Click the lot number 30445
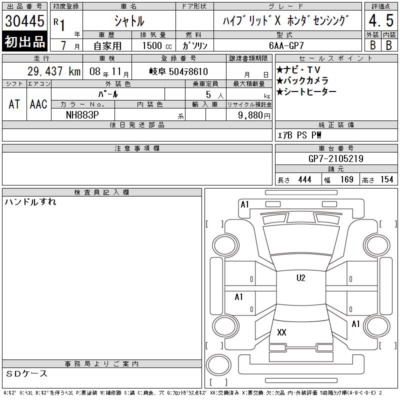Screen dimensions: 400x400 tap(24, 21)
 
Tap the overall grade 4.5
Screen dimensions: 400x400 tap(381, 20)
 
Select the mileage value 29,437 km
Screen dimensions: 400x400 tap(54, 71)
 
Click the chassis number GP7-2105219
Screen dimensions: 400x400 tap(335, 158)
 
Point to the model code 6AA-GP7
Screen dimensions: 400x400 tap(286, 45)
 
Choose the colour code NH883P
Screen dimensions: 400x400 tap(82, 115)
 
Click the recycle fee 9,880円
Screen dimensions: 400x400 tap(254, 115)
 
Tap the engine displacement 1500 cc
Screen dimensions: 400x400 tap(157, 46)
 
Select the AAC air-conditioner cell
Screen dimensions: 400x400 tap(38, 104)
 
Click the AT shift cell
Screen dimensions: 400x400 tap(14, 104)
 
